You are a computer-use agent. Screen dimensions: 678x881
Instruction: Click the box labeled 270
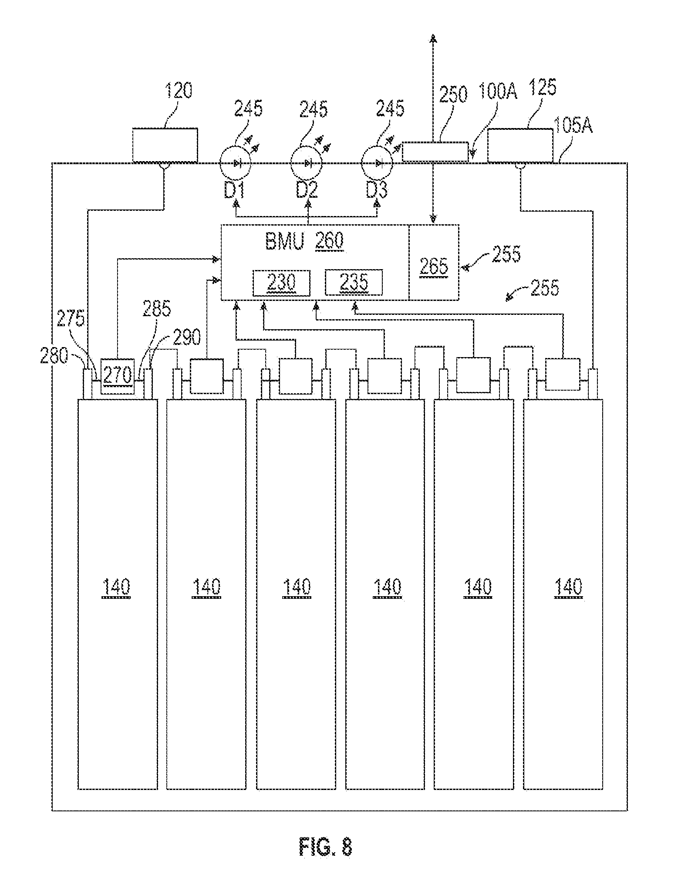118,376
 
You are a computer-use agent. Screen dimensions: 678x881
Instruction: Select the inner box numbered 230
282,283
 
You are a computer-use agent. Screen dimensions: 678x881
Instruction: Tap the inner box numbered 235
354,283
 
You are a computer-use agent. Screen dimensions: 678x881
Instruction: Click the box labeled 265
434,263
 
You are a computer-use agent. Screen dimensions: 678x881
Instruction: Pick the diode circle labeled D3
378,163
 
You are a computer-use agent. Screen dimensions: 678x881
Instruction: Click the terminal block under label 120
165,145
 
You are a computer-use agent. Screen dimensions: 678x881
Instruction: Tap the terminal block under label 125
520,145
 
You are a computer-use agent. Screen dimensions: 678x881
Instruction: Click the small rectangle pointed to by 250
435,152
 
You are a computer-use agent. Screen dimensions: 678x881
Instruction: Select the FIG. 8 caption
326,847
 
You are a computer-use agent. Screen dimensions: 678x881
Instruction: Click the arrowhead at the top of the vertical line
433,39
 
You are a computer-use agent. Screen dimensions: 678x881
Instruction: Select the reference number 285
157,310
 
